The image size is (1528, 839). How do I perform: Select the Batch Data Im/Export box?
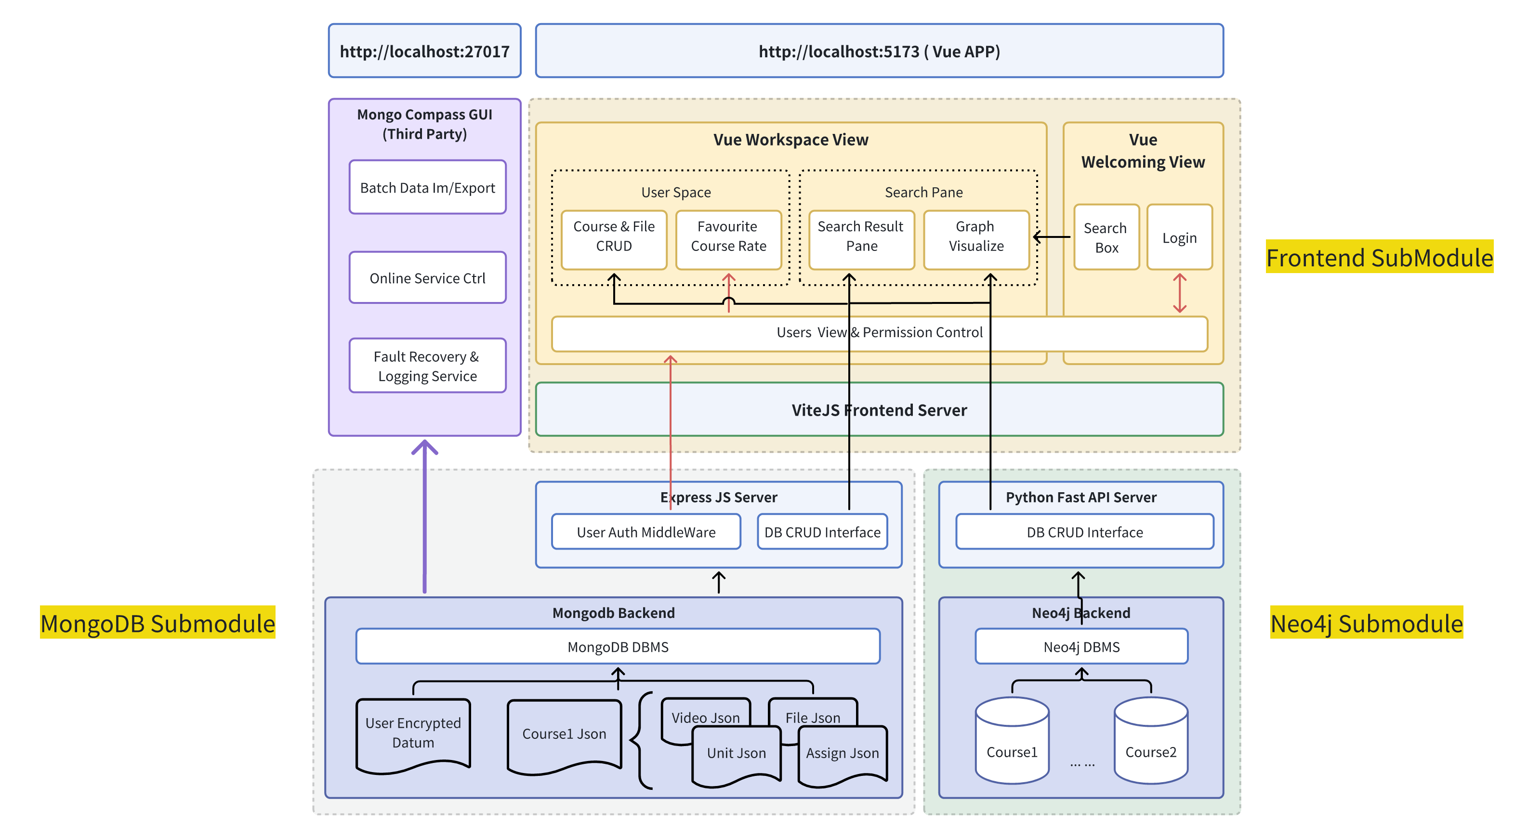427,187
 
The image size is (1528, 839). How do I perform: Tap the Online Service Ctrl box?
427,277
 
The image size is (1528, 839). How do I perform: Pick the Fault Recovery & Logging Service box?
427,366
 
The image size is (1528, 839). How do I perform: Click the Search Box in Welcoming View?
1106,237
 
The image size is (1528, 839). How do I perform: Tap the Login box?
1179,237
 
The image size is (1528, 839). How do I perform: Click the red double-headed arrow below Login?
1179,293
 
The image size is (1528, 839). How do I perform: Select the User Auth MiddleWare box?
645,532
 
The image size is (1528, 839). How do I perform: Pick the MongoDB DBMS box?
618,646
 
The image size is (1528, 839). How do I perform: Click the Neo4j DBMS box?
1081,646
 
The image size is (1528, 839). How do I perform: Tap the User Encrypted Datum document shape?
413,734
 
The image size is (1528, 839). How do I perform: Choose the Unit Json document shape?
736,754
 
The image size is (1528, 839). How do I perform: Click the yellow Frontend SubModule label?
1379,257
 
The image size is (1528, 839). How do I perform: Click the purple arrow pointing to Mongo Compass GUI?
425,516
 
